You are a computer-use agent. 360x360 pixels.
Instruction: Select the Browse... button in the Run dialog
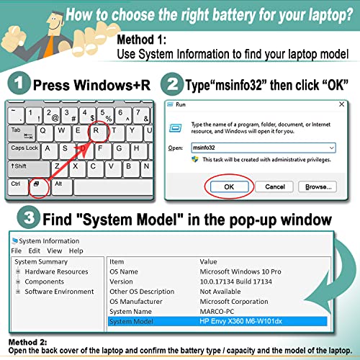(x=318, y=186)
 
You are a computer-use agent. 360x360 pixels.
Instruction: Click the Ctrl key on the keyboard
(x=17, y=184)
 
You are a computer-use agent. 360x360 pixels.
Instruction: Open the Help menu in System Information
(x=76, y=251)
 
